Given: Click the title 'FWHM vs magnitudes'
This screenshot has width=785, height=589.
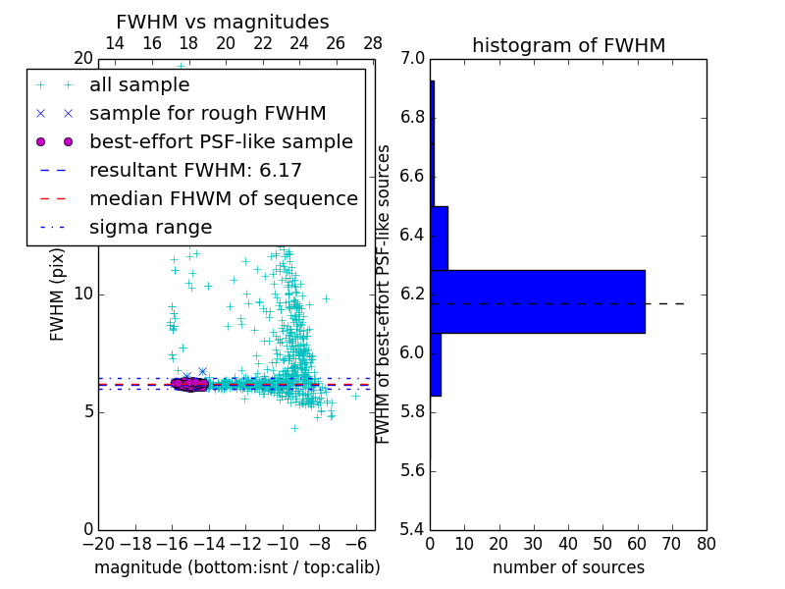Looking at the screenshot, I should click(x=222, y=23).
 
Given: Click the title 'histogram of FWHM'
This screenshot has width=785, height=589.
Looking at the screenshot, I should click(x=568, y=45).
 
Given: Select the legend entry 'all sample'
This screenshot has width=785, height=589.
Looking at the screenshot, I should click(x=139, y=85).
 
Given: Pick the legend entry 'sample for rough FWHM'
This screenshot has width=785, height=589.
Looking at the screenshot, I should click(x=207, y=114).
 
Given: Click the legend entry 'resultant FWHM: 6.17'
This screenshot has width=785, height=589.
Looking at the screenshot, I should click(x=195, y=171).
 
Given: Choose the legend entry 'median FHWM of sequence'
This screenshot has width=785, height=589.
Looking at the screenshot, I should click(x=223, y=199).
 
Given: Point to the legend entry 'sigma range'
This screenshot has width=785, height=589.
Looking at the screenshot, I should click(x=150, y=228).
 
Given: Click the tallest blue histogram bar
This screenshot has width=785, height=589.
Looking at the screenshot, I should click(x=537, y=301).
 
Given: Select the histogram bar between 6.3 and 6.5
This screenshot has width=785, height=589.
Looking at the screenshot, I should click(x=439, y=238).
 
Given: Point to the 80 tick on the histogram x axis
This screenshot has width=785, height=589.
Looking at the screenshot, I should click(x=706, y=543).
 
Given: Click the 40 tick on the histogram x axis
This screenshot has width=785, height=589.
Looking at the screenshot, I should click(x=568, y=543).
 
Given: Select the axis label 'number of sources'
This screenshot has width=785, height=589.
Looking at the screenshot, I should click(x=568, y=567).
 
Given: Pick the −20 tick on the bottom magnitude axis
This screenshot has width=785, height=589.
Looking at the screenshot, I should click(x=98, y=543).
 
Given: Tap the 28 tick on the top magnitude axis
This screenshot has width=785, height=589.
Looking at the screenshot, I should click(x=373, y=43).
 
